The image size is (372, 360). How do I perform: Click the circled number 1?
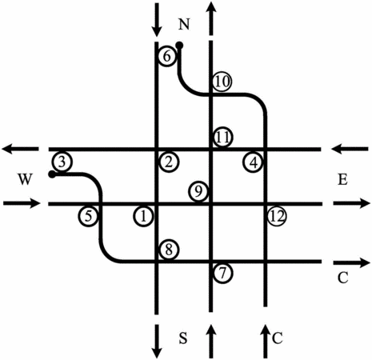pos(143,216)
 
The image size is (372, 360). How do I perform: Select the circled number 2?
pos(169,162)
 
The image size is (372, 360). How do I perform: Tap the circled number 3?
pos(62,162)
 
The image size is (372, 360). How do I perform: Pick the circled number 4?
pos(254,162)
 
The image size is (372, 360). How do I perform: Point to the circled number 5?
pos(88,216)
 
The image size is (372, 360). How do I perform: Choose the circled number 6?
pos(167,57)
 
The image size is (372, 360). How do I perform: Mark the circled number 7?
pos(223,273)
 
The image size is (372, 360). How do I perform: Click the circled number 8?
pos(169,250)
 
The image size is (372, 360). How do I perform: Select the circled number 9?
pos(198,191)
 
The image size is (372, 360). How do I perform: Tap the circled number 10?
pos(222,82)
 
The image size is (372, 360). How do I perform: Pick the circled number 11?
pos(223,138)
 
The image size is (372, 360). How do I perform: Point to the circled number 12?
pos(277,216)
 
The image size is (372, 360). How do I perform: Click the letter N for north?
pos(184,24)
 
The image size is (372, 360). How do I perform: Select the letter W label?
pos(25,179)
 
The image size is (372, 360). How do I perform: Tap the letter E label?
pos(342,180)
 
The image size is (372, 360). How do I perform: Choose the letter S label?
pos(183,338)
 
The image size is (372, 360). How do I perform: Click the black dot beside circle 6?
pos(179,46)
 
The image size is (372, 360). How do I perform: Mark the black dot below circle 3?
pos(52,174)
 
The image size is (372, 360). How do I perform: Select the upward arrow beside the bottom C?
pos(265,342)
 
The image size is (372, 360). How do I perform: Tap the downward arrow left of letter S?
pos(157,342)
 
